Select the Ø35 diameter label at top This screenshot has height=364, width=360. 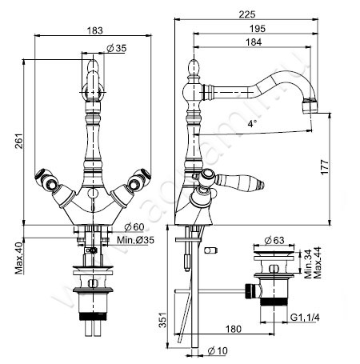pyautogui.click(x=118, y=48)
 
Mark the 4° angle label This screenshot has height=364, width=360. pyautogui.click(x=252, y=124)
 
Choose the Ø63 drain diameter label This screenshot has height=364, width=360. pyautogui.click(x=274, y=238)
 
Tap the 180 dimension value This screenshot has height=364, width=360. pyautogui.click(x=234, y=328)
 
